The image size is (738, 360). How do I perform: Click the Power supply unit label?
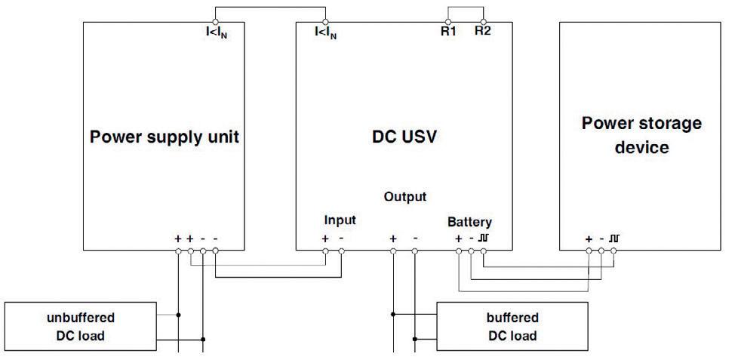point(164,137)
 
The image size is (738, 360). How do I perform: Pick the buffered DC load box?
point(512,326)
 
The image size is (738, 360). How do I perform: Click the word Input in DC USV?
point(340,221)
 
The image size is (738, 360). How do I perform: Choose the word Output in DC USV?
point(404,197)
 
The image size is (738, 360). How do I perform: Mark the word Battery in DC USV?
point(469,222)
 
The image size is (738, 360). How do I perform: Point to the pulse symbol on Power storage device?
point(615,238)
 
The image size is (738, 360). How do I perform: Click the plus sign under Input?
point(325,238)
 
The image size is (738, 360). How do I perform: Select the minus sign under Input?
point(342,238)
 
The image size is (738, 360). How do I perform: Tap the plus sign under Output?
point(392,238)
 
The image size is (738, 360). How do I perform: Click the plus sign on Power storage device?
point(589,238)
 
